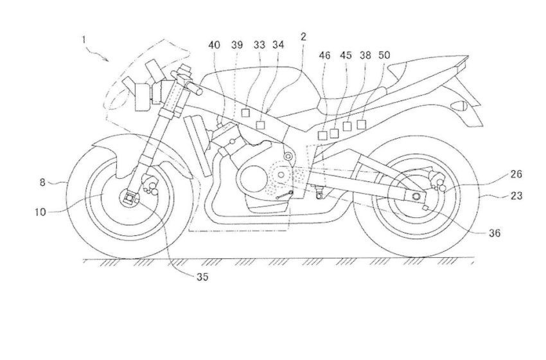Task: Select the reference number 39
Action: (236, 46)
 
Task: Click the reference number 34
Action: (279, 46)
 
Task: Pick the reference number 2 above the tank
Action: (303, 39)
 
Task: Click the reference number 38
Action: (365, 56)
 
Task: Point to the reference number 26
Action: (499, 174)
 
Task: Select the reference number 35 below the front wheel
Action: (202, 277)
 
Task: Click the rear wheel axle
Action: (417, 196)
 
